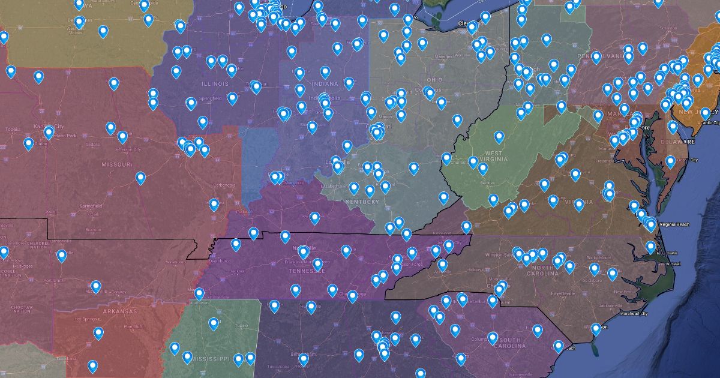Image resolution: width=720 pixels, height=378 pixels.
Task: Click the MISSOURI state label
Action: [x=116, y=164]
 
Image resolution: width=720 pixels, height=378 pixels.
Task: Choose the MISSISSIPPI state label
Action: [x=209, y=359]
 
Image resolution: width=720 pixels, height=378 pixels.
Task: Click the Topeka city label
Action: [x=13, y=129]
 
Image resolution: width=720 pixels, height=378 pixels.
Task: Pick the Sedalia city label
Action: [x=93, y=145]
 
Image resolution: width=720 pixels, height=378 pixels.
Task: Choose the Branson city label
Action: [x=93, y=229]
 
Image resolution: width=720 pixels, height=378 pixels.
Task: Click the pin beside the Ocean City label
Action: [x=670, y=161]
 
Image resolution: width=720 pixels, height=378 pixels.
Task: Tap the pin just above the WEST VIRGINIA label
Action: [x=499, y=137]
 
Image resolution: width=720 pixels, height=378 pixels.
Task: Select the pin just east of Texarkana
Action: [x=92, y=365]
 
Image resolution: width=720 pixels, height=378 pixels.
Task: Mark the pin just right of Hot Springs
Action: [x=98, y=332]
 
